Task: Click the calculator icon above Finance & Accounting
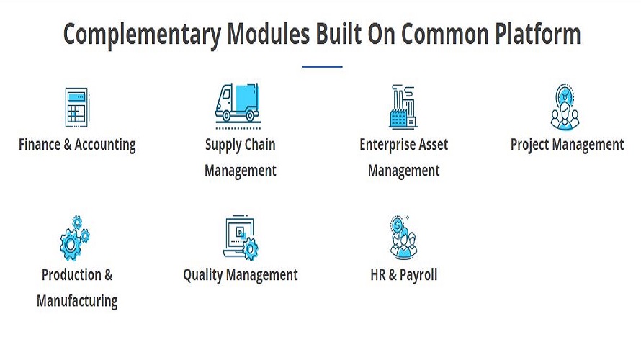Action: (76, 107)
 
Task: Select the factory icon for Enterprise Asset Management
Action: (403, 107)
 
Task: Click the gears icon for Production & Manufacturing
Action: (75, 238)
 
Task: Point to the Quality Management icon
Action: (241, 238)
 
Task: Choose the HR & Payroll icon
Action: (403, 237)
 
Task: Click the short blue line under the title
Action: (321, 67)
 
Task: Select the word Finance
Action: (40, 144)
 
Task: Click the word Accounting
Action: (106, 144)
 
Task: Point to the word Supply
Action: (221, 144)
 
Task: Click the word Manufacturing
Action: (77, 301)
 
